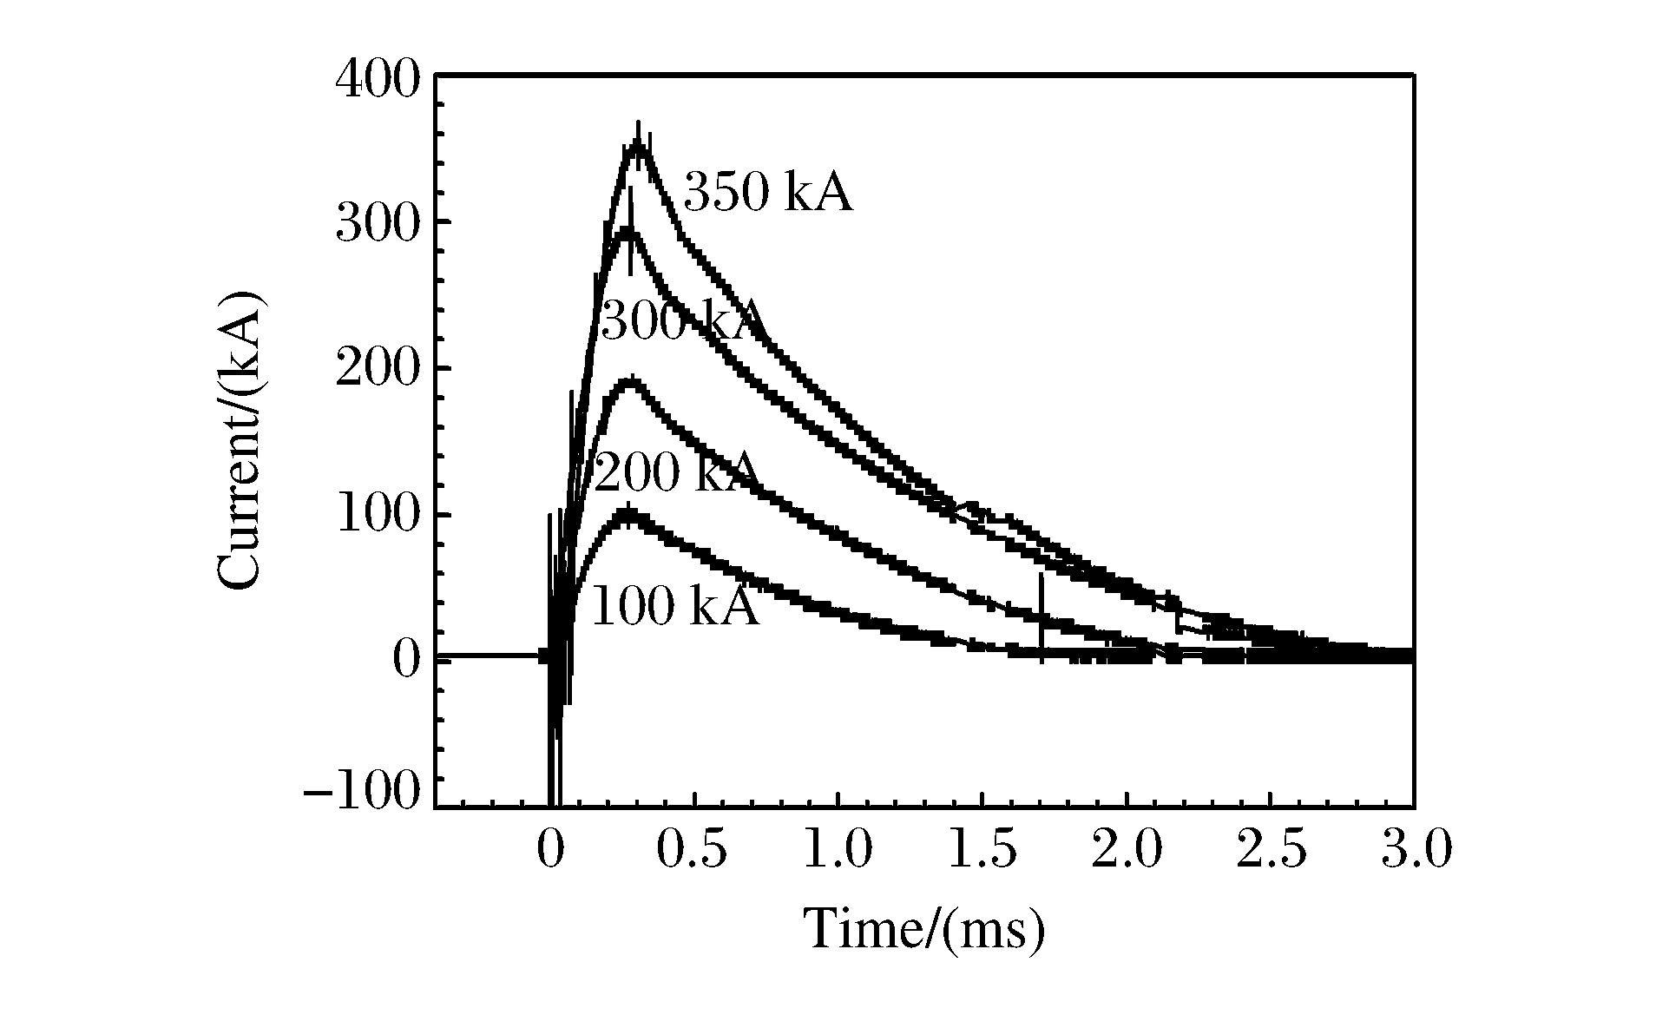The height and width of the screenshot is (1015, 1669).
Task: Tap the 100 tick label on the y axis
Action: (378, 517)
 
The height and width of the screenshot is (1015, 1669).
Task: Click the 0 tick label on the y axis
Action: (406, 662)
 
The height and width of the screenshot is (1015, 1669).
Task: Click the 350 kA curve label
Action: (768, 193)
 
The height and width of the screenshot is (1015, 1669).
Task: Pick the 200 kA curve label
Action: (676, 474)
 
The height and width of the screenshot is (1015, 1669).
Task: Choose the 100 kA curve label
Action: (674, 606)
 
